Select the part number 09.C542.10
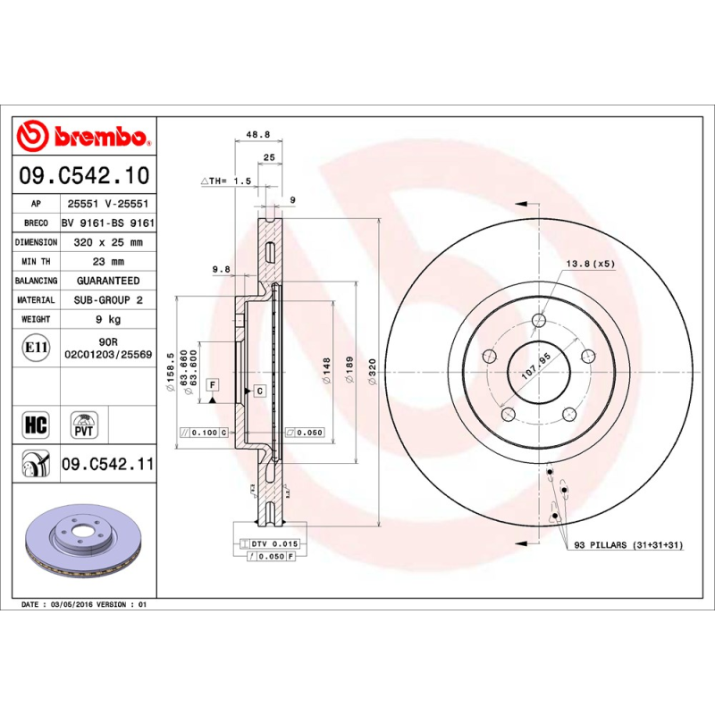[85, 176]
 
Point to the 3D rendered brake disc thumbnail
[85, 546]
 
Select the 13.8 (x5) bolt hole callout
[590, 264]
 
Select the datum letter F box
[213, 384]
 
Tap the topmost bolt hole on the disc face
[538, 322]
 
